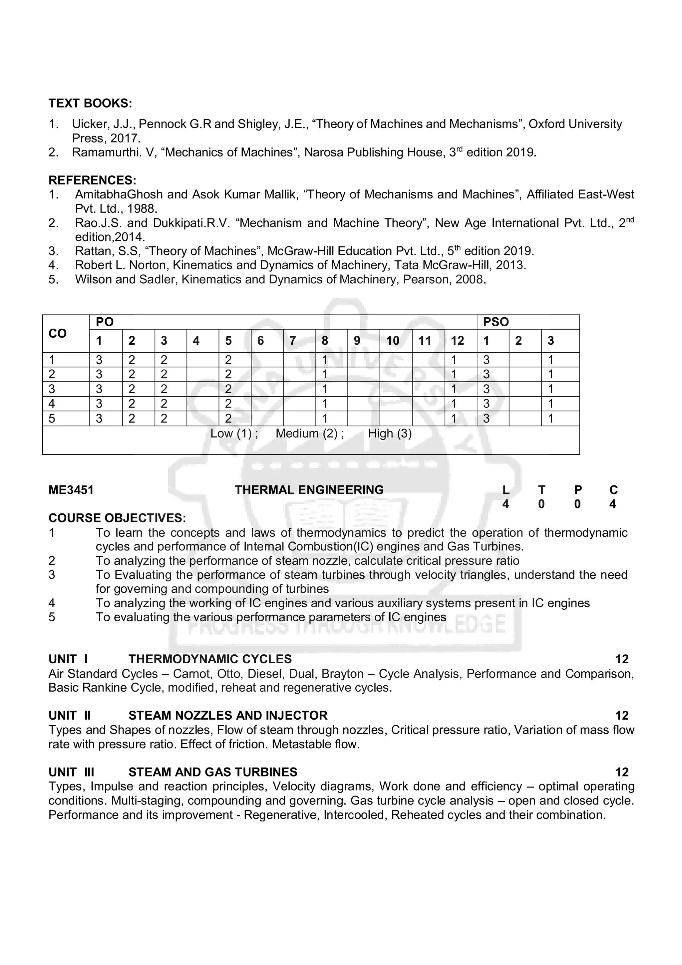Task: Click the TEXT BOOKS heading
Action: click(90, 103)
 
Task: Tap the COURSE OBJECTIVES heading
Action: click(117, 518)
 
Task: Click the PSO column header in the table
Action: click(496, 322)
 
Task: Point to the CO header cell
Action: click(58, 333)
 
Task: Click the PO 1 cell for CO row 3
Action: click(99, 389)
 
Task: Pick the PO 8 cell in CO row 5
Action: click(324, 418)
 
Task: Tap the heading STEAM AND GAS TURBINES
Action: click(213, 772)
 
